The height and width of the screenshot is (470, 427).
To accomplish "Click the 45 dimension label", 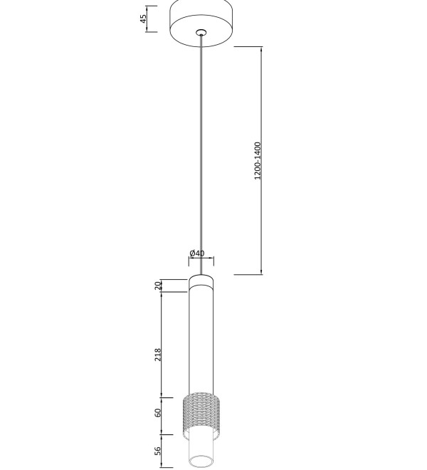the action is (144, 19).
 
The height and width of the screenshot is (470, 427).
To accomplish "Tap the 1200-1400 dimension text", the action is (258, 161).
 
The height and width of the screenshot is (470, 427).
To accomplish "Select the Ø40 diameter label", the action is (197, 254).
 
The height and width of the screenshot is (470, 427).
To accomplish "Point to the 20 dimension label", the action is (158, 286).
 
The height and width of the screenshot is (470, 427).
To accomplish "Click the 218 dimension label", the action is (158, 355).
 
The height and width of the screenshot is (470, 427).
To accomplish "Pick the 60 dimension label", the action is (158, 413).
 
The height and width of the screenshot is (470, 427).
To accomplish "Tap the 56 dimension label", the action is (158, 451).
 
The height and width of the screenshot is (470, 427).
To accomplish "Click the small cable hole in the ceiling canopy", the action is (201, 32).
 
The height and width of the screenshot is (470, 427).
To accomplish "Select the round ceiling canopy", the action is (201, 23).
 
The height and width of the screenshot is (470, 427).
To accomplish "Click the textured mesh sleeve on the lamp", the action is (201, 415).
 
